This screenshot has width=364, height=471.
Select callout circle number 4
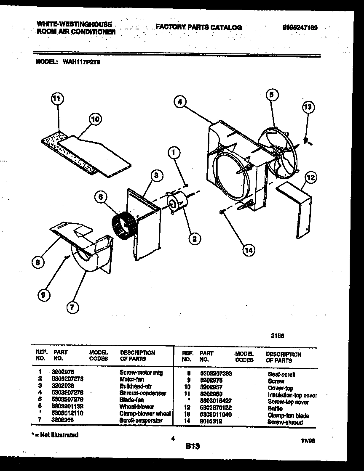point(179,102)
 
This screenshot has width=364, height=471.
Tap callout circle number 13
point(308,108)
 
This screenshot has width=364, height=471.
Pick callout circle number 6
point(101,196)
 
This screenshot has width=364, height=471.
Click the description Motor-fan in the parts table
point(132,379)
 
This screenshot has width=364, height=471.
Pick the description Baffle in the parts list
point(275,408)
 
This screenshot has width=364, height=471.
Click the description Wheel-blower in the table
point(137,407)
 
